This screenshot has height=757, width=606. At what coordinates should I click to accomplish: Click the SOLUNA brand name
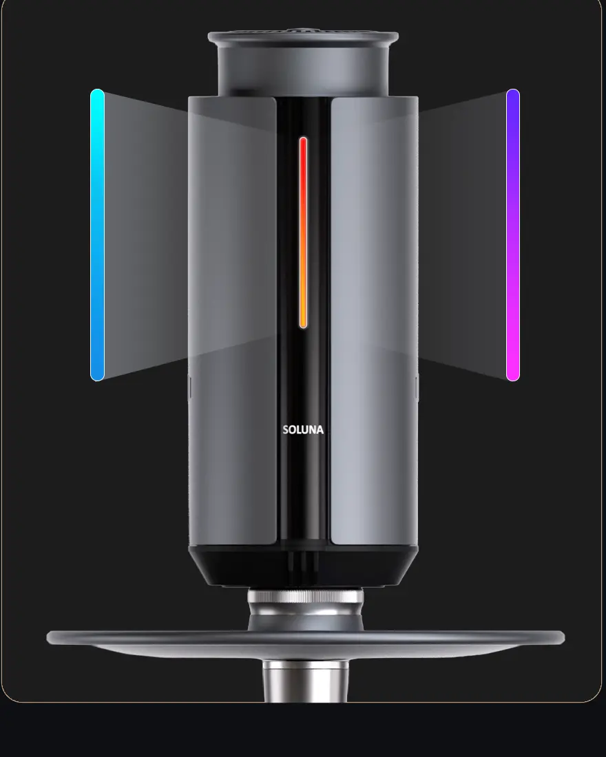(x=303, y=429)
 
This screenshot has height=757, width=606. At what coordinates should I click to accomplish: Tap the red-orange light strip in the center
(x=303, y=233)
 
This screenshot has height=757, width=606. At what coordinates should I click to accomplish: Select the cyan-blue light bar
(x=97, y=235)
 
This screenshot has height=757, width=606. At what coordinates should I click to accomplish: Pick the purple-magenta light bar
(x=513, y=235)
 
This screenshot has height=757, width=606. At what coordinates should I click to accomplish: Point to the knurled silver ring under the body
(x=306, y=597)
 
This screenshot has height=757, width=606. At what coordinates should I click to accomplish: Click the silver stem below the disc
(x=306, y=681)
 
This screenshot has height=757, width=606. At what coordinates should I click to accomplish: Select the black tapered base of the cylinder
(x=303, y=566)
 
